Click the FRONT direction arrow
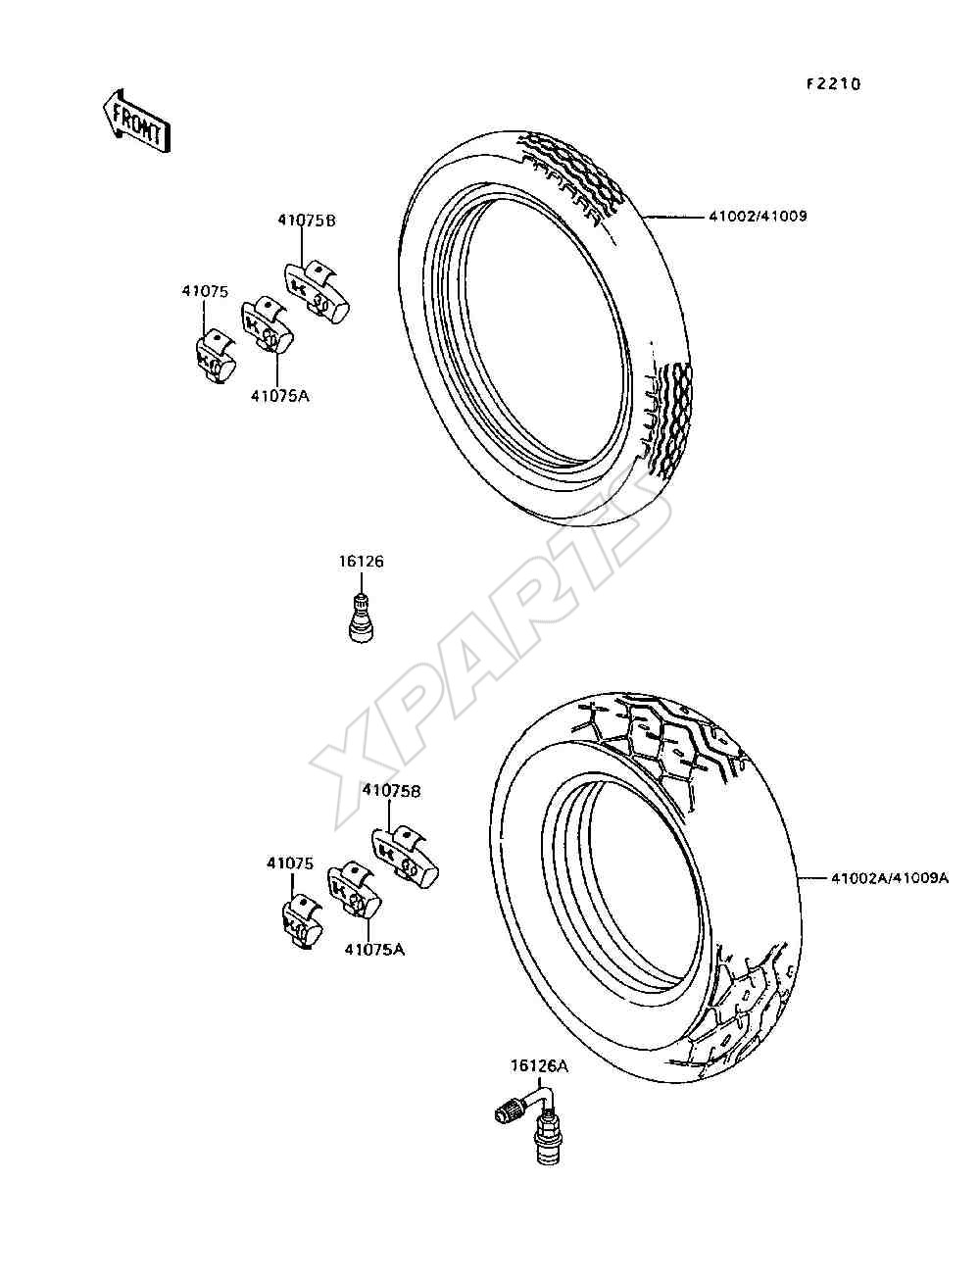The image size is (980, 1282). point(136,122)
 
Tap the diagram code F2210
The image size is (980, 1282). point(834,84)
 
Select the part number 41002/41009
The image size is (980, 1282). point(758,216)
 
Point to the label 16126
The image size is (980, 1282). point(362,562)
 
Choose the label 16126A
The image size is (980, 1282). point(538,1066)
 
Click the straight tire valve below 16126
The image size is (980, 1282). point(362,617)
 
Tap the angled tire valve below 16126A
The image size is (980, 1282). point(526,1119)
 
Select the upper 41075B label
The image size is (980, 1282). point(307,221)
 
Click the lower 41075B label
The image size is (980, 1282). point(391,791)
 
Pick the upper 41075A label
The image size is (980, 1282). point(279,396)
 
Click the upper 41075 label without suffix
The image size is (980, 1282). point(205,291)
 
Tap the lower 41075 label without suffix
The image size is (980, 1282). point(290,863)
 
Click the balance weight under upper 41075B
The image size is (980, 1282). point(318,291)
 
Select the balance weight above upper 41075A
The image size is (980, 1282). point(268,326)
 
